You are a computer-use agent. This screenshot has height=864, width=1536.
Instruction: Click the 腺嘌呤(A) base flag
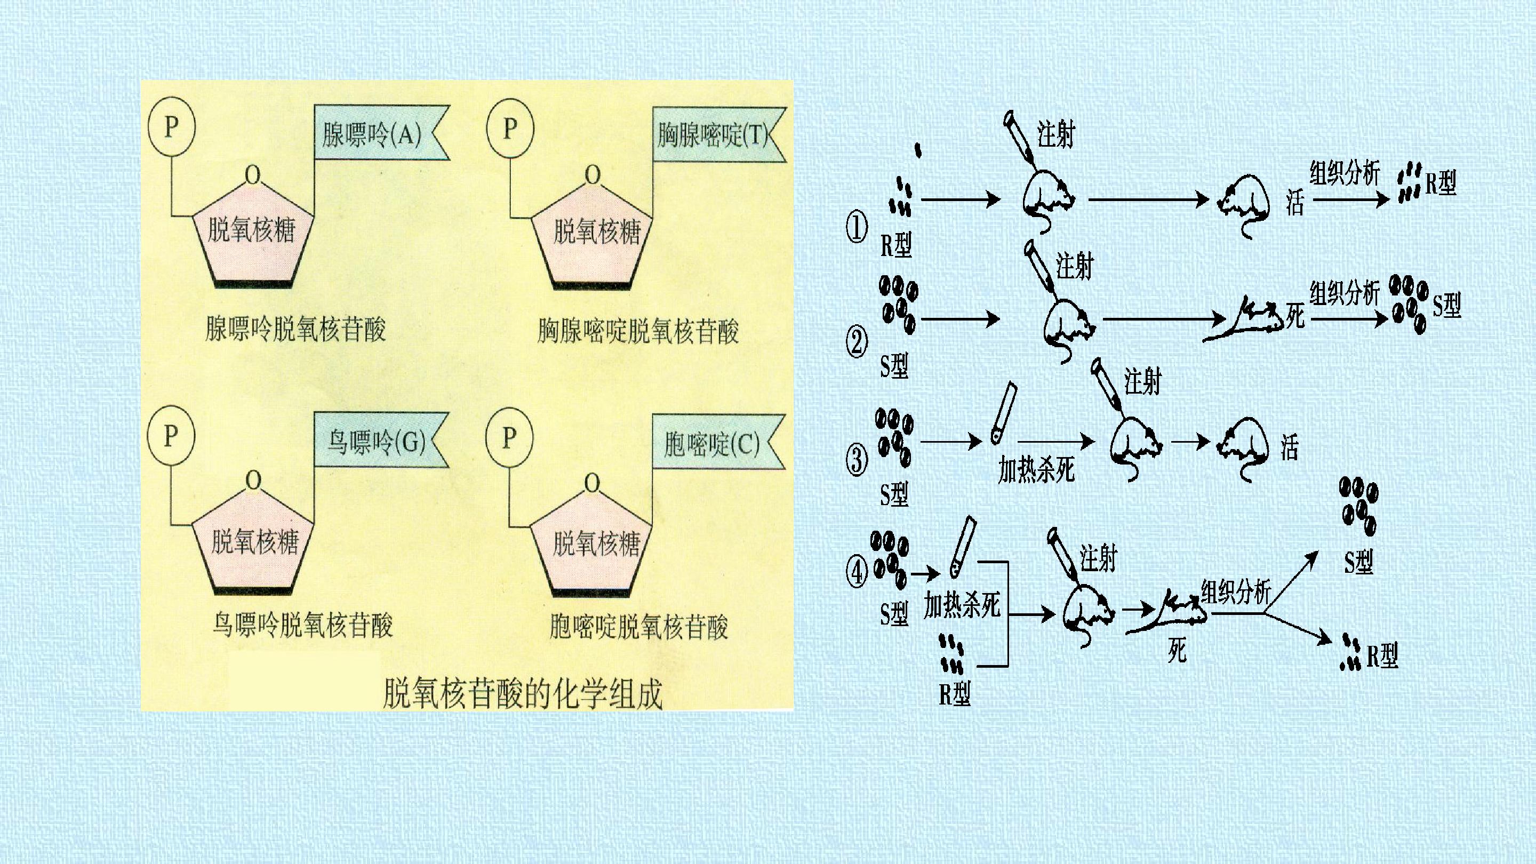tap(382, 133)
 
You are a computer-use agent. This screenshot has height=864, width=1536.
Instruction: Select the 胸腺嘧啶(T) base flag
tap(719, 134)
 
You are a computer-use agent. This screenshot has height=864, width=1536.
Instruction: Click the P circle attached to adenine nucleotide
tap(172, 126)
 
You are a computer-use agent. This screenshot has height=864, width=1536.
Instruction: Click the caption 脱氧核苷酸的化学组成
tap(522, 693)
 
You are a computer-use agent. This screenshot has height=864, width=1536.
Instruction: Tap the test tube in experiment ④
tap(962, 546)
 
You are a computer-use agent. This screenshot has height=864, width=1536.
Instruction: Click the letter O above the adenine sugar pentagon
tap(253, 175)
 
